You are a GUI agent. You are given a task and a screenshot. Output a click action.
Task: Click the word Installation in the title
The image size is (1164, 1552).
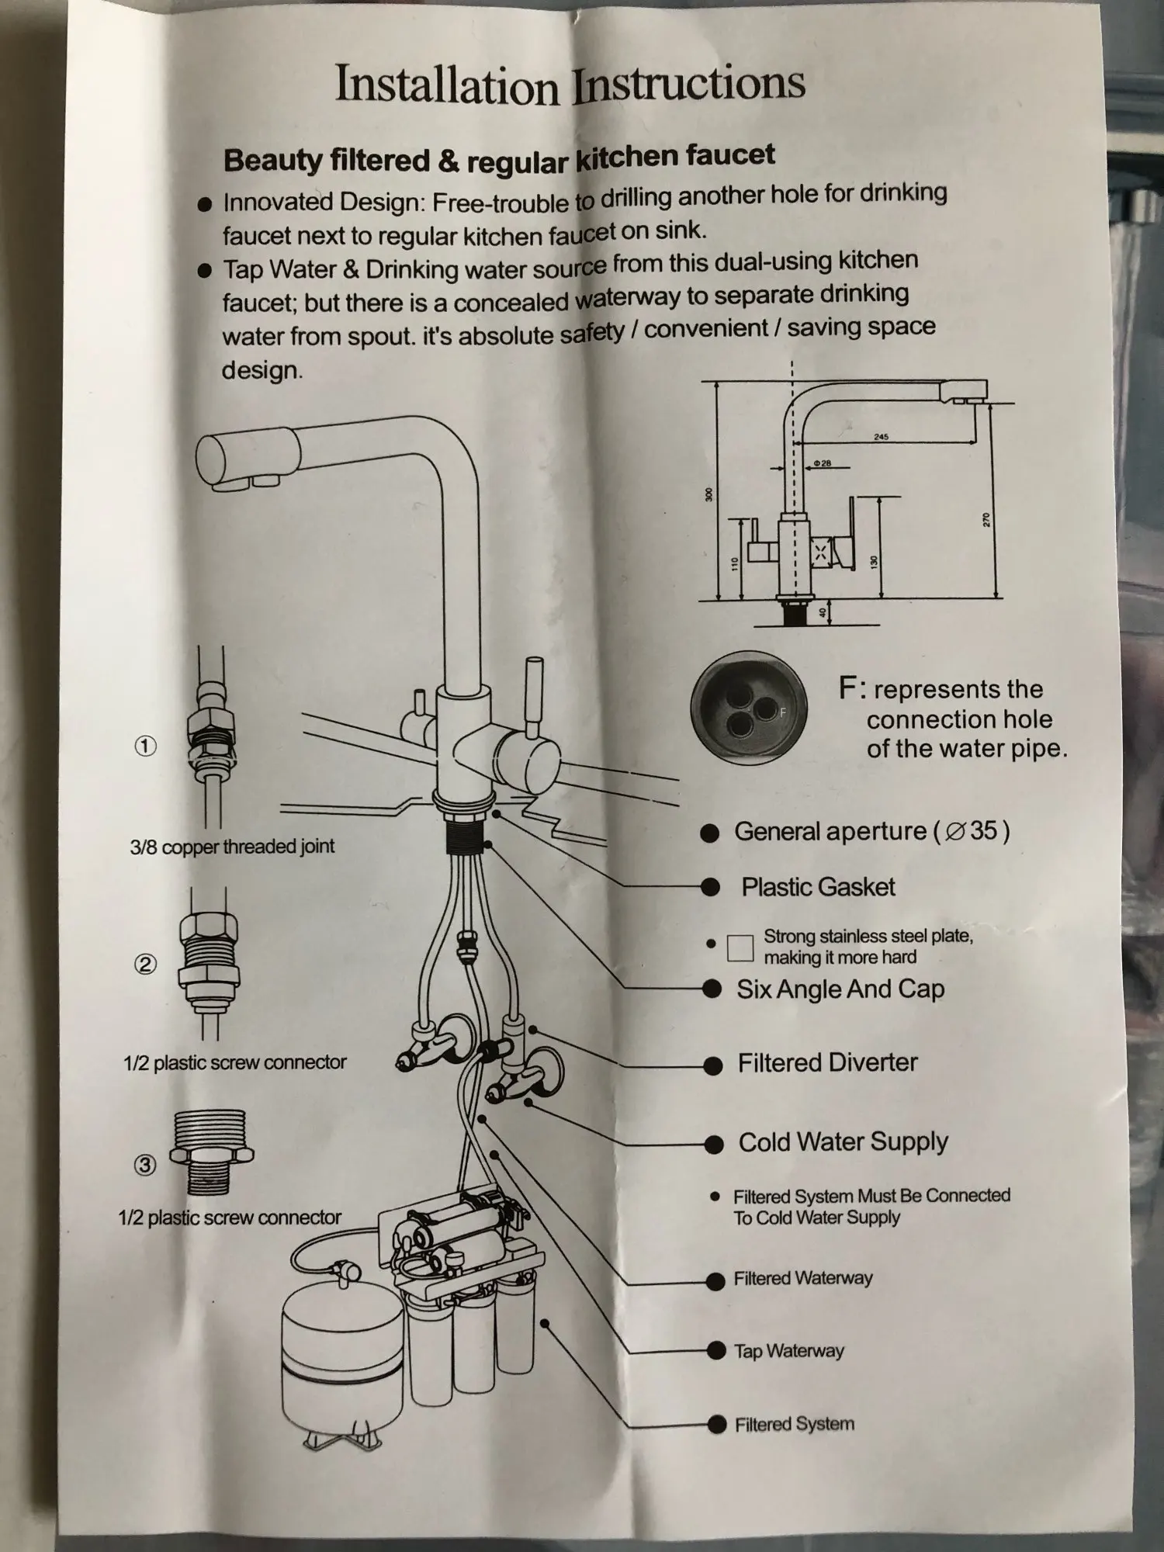coord(446,85)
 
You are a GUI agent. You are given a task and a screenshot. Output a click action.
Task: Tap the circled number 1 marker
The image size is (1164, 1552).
coord(146,747)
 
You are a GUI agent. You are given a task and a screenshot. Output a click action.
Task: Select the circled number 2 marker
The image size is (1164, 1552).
coord(146,965)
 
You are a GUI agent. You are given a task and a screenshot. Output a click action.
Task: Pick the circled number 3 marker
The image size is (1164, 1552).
coord(146,1166)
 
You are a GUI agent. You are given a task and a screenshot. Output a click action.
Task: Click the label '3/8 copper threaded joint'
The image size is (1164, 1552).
coord(232,846)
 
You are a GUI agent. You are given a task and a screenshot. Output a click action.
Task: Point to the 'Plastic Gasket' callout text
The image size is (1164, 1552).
coord(818,887)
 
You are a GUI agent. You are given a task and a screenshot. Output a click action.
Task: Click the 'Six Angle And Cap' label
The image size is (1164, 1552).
coord(840,989)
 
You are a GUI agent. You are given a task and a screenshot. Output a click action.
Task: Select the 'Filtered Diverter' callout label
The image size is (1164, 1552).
coord(827,1062)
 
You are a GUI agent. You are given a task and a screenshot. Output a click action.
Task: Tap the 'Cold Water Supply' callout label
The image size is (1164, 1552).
coord(843,1141)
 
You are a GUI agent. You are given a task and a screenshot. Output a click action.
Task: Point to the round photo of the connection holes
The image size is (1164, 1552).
coord(749,708)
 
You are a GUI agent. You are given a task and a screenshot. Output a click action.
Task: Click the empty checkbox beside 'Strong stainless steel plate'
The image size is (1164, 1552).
coord(740,947)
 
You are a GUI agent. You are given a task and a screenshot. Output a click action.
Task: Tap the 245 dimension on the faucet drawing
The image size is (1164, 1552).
coord(881,437)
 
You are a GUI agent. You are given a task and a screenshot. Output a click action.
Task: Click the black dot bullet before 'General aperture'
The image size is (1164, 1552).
coord(709,833)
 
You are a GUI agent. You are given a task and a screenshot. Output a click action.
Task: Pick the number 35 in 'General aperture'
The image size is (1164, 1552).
coord(982,830)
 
